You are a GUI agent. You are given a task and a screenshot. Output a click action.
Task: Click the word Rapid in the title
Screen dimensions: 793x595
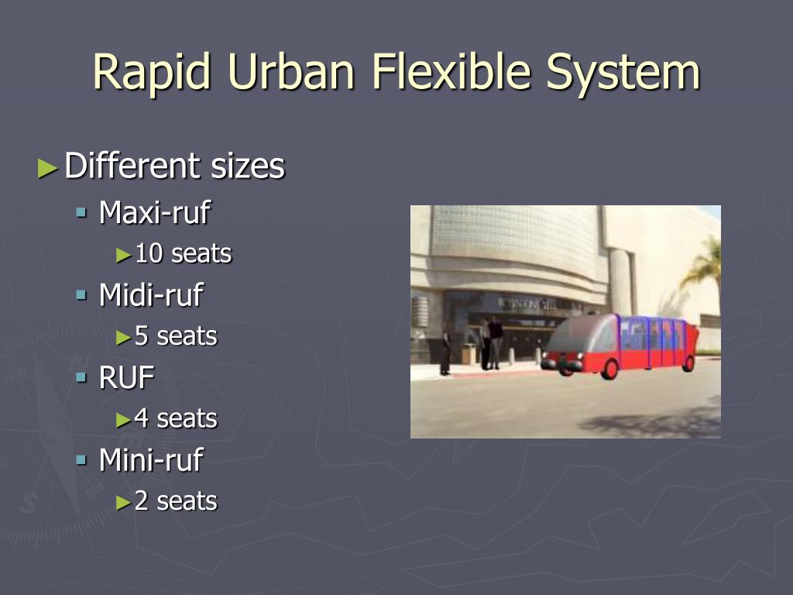[151, 72]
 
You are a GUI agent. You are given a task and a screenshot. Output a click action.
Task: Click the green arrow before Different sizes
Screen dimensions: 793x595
[47, 168]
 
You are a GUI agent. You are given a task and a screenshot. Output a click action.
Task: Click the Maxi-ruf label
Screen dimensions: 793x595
[155, 212]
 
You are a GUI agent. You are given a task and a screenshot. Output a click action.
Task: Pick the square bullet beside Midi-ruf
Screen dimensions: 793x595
[81, 294]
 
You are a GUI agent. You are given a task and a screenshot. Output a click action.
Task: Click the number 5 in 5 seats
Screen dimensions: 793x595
[142, 336]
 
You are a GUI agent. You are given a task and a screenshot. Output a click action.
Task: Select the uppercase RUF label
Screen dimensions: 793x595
[126, 377]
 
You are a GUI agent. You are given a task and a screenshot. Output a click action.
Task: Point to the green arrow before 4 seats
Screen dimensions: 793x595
[123, 420]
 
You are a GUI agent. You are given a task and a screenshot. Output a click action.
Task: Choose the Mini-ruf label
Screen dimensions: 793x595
[151, 460]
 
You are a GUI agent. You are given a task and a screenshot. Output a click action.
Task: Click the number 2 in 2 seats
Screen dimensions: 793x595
[142, 501]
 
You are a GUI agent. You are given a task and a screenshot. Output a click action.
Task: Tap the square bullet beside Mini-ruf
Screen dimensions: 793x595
[81, 459]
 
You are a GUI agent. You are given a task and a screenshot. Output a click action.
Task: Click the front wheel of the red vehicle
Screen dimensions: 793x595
[609, 369]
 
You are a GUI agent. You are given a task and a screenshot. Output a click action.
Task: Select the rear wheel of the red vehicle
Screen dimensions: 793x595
[688, 363]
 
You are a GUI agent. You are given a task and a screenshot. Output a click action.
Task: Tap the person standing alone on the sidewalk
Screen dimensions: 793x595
[445, 349]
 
